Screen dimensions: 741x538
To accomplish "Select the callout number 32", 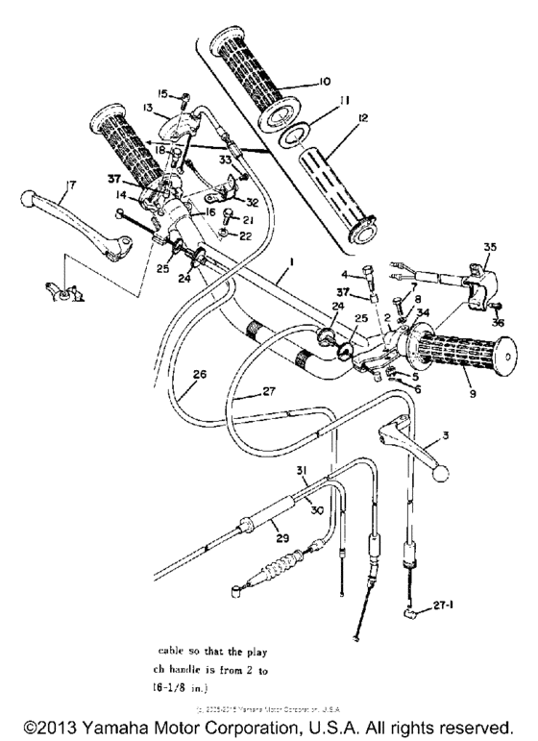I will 253,202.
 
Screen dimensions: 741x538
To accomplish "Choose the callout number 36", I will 498,322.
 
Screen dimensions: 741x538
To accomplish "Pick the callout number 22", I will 244,236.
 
